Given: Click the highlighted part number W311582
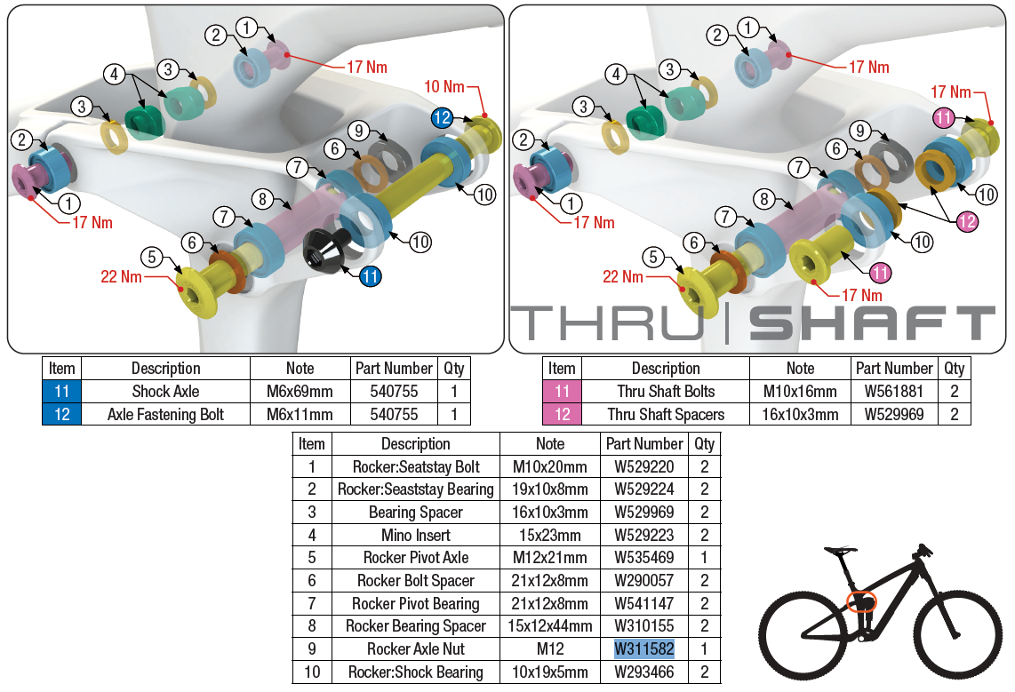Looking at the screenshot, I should coord(644,649).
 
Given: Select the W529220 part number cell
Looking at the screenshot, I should coord(644,466).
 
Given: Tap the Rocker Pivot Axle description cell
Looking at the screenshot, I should coord(415,558).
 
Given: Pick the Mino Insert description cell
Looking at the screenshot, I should coord(415,535).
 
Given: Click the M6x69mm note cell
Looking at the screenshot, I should coord(300,391).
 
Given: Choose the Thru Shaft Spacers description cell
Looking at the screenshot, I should coord(666,414).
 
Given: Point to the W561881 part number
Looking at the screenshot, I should coord(894,391).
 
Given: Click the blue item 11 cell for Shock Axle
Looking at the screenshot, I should coord(62,391).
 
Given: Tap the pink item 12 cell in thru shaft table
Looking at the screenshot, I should coord(562,414).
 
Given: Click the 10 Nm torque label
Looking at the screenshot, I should coord(444,87).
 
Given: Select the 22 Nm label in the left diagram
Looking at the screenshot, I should coord(122,277).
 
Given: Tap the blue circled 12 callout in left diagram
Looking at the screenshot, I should coord(442,117).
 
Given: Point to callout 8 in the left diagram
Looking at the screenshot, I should coord(260,200).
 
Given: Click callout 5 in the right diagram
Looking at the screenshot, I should coord(653,258).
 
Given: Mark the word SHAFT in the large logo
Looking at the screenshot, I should coord(872,324).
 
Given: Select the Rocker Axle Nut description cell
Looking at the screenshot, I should coord(415,649).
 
